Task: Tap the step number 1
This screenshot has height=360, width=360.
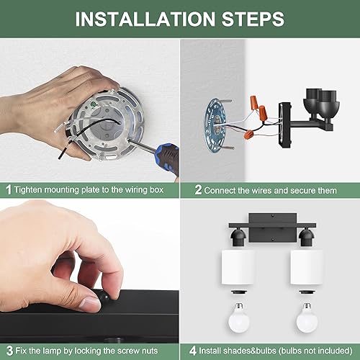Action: coord(8,190)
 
